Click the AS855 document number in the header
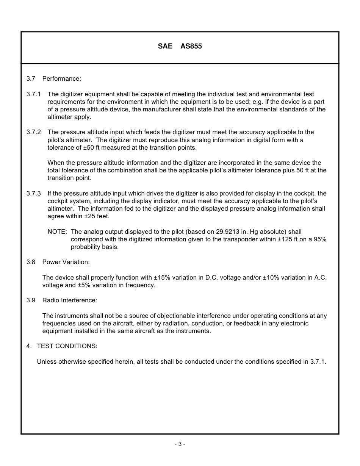click(x=191, y=46)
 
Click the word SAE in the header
click(x=165, y=46)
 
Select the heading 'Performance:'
click(x=62, y=79)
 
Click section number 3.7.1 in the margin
click(x=33, y=94)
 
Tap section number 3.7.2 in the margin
click(x=33, y=132)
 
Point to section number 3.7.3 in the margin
click(x=33, y=193)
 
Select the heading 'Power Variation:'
click(x=66, y=262)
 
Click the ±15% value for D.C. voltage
click(x=162, y=278)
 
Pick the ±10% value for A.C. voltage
click(x=271, y=278)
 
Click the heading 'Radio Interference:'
click(x=70, y=300)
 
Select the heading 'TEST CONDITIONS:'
click(x=67, y=346)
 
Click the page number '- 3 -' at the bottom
click(x=180, y=444)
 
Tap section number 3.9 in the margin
click(x=31, y=300)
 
